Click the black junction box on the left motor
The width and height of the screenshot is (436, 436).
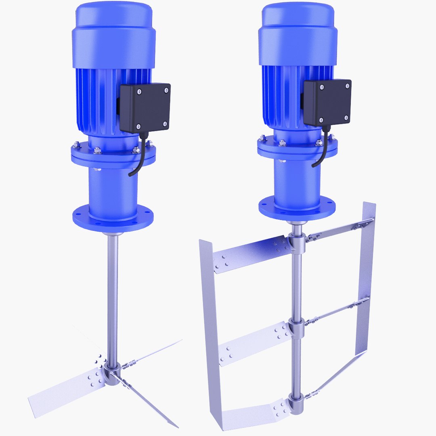(145, 107)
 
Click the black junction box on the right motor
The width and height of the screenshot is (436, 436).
(327, 102)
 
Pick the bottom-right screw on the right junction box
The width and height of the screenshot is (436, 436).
(346, 117)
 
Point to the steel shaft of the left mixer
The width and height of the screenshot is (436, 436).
(113, 291)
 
